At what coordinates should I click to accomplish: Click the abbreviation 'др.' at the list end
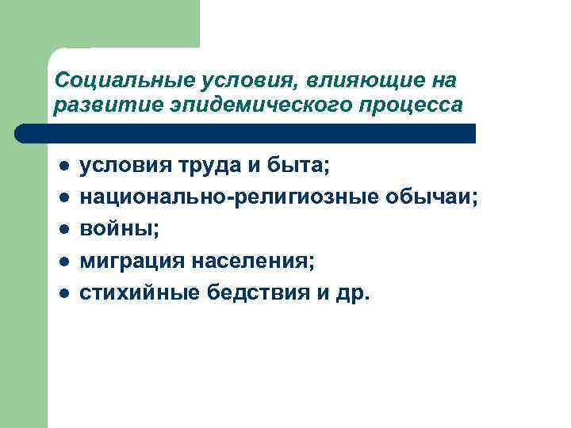[x=354, y=293]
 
